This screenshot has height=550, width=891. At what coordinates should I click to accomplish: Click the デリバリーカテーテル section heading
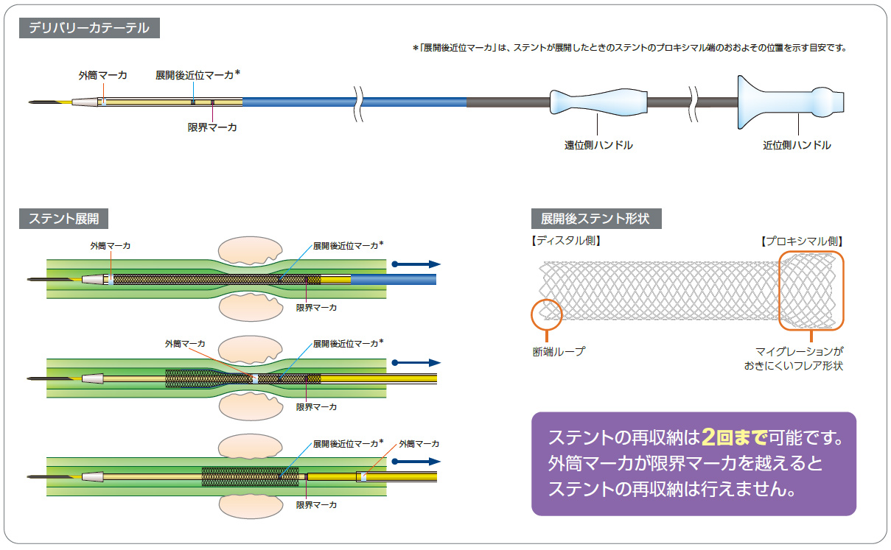pos(89,29)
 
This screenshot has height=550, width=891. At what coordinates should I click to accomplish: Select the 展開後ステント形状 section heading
pos(595,219)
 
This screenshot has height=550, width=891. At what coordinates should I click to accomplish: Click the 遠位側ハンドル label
pos(598,146)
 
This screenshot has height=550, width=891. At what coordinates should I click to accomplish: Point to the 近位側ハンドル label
pos(796,146)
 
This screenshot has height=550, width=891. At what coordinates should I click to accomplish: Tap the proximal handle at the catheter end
pos(789,101)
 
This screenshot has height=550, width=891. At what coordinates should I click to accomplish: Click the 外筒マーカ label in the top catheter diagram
pos(102,75)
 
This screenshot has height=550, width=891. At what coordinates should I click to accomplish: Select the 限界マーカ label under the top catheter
pos(212,127)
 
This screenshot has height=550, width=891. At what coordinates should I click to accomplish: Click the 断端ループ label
pos(558,352)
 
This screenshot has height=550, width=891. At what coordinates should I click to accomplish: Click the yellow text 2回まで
pos(735,437)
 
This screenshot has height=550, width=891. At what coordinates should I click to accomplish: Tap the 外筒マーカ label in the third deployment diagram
pos(419,443)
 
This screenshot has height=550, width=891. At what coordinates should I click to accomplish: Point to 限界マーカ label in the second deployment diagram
pos(316,406)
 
